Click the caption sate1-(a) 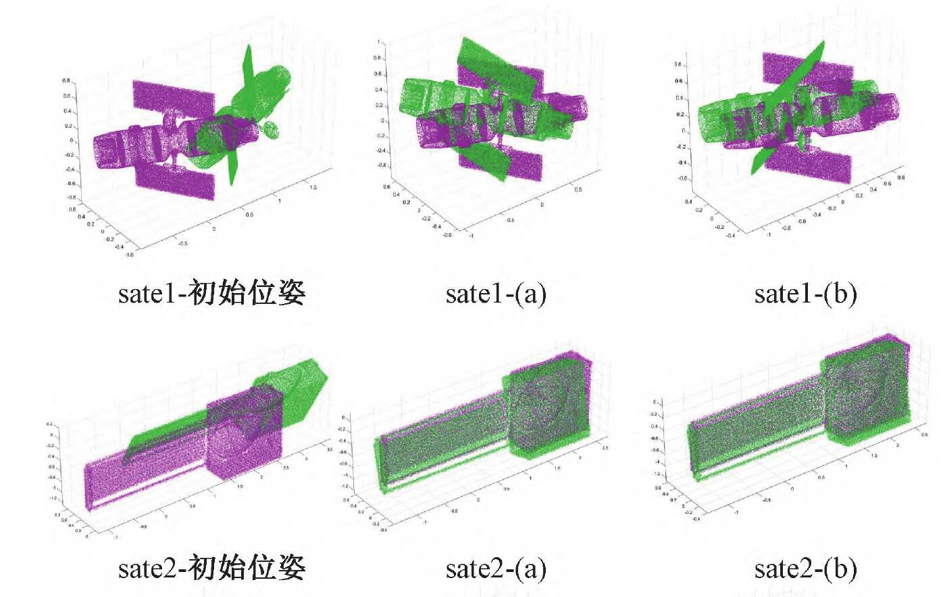coord(495,294)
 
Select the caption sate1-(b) coord(805,294)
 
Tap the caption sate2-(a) coord(495,569)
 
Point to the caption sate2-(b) coord(805,569)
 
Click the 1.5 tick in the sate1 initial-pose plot coord(313,187)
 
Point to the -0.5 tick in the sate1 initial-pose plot coord(183,244)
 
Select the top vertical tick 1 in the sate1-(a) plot coord(378,42)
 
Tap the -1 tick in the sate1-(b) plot coord(769,234)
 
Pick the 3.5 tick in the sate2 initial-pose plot coord(329,449)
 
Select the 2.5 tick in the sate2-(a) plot coord(605,448)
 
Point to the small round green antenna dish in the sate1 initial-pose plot coord(271,129)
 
